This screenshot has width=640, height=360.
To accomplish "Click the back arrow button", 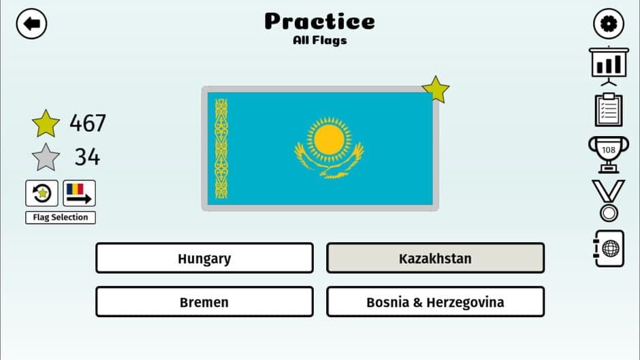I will coord(31,24).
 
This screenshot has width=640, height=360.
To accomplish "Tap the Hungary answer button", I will coord(204,259).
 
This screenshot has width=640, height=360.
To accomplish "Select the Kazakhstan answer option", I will coord(435,259).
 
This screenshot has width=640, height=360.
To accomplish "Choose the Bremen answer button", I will coord(204,301).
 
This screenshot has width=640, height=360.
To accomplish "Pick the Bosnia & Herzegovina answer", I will coord(435,301).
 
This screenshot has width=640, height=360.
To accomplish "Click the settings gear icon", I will coord(608,24).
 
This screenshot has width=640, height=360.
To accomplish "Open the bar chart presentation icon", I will coord(608,65).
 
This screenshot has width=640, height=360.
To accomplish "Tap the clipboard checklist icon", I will coord(608,110).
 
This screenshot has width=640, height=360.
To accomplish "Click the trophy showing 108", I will coord(608,154).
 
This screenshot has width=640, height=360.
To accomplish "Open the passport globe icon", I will coord(608,248).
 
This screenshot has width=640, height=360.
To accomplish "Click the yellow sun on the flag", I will coord(329,139).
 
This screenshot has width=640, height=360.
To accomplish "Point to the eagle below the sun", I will coord(330,165).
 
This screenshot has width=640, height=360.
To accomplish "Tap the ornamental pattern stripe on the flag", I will coord(221,148).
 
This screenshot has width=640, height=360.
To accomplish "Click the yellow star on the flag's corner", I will coord(436,89).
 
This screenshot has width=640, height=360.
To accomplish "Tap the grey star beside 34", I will coord(46,158).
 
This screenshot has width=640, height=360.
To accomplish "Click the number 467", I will coord(88,124).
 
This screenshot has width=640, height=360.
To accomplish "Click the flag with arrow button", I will coord(79,193).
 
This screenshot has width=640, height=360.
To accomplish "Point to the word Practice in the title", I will coord(319,22).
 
